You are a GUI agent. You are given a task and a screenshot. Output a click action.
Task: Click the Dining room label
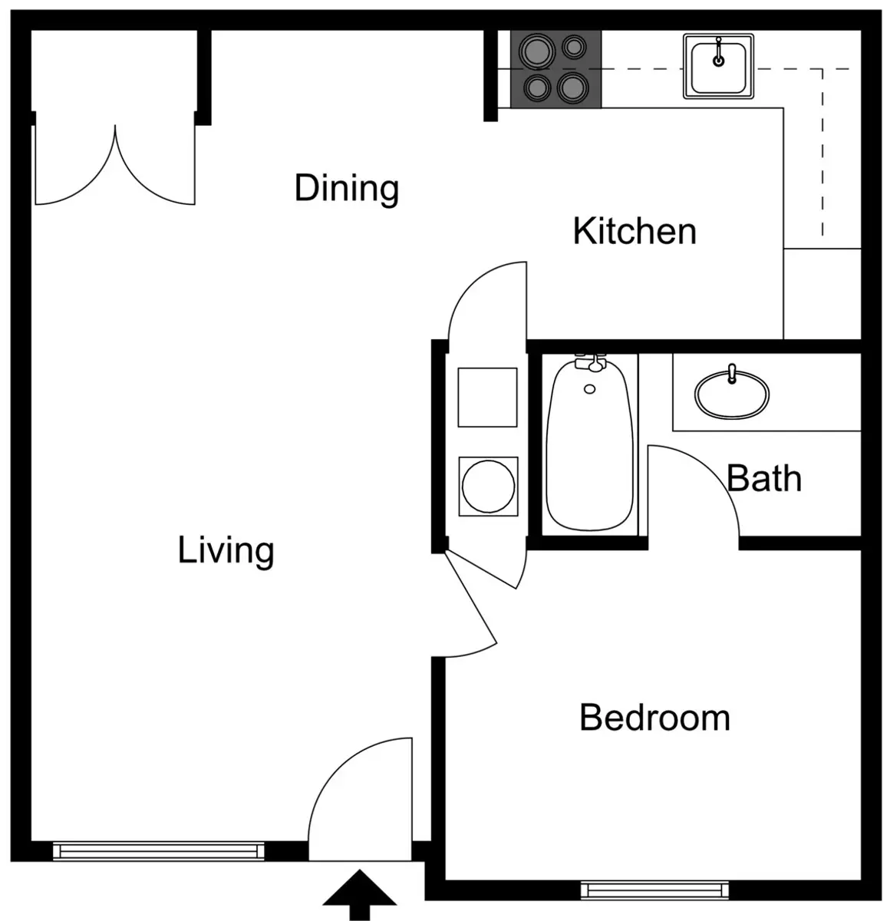pyautogui.click(x=346, y=189)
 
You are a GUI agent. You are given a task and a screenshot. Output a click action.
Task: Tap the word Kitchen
pyautogui.click(x=635, y=232)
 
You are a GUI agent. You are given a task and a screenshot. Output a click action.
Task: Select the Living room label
pyautogui.click(x=226, y=551)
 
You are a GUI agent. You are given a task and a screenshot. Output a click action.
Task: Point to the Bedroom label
pyautogui.click(x=655, y=718)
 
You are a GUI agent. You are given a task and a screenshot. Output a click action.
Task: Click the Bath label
pyautogui.click(x=763, y=478)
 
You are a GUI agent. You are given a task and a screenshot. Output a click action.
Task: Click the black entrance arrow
pyautogui.click(x=360, y=894)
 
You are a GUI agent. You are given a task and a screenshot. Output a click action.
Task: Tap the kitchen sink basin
pyautogui.click(x=718, y=67)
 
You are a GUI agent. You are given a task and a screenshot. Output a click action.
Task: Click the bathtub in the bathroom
pyautogui.click(x=589, y=444)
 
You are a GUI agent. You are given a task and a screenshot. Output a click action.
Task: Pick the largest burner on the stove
pyautogui.click(x=536, y=51)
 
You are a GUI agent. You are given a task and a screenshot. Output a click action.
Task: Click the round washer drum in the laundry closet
pyautogui.click(x=488, y=487)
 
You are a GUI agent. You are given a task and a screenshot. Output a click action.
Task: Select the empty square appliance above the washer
pyautogui.click(x=487, y=397)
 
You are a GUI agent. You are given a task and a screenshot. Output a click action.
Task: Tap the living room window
pyautogui.click(x=158, y=851)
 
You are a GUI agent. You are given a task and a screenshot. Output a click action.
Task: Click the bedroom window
pyautogui.click(x=655, y=890)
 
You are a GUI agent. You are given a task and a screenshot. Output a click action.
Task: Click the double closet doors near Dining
pyautogui.click(x=115, y=165)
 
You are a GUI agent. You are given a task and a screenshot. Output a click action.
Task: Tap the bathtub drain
pyautogui.click(x=589, y=389)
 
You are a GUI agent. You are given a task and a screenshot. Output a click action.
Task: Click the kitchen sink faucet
pyautogui.click(x=719, y=51)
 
